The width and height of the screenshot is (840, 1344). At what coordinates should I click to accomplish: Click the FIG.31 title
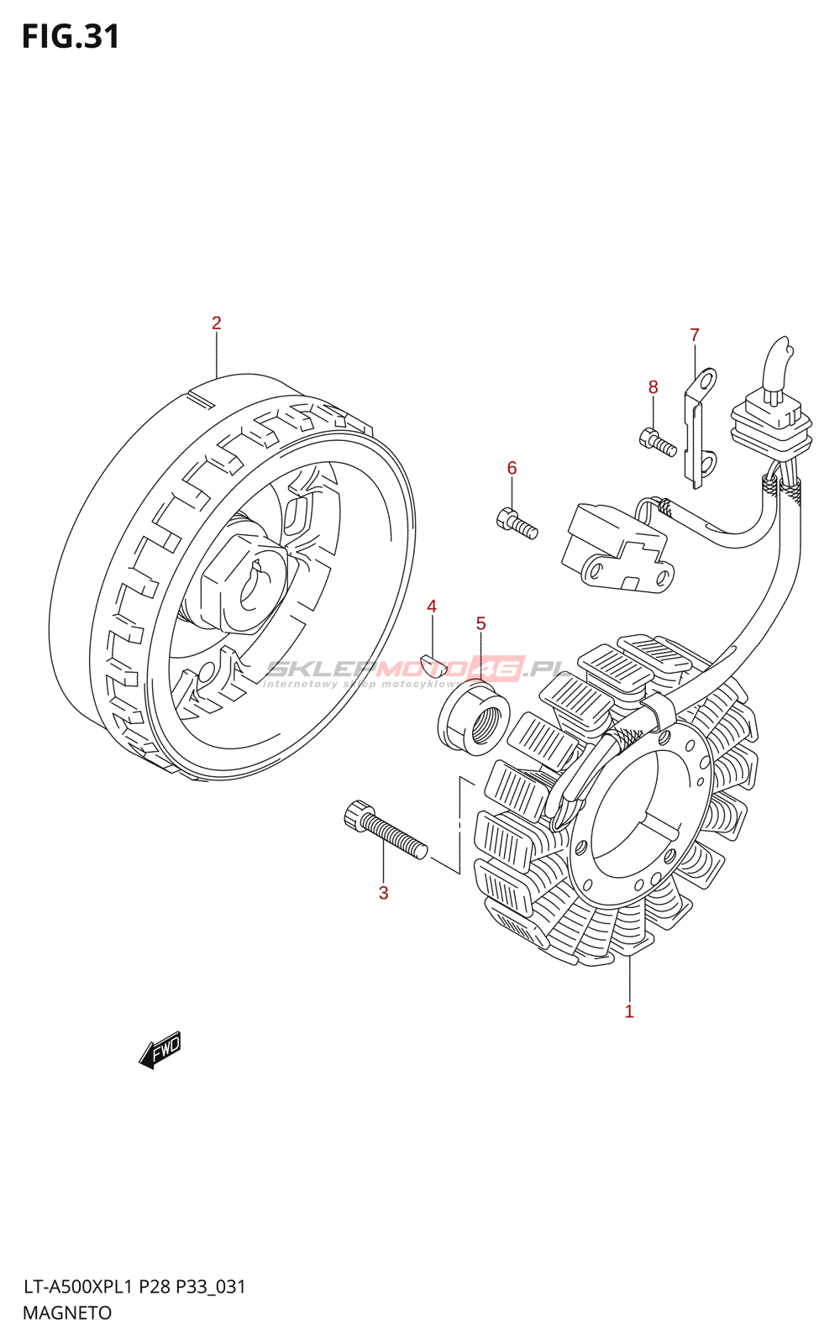point(71,37)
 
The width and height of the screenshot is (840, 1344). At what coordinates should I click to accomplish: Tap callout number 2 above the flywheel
point(216,323)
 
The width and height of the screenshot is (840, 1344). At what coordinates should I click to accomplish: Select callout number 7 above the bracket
point(695,335)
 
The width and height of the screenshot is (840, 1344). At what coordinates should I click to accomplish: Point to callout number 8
point(653,387)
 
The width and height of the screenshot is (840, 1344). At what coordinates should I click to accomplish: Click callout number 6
point(512,469)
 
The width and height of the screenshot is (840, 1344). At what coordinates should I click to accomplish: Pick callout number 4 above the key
point(432,606)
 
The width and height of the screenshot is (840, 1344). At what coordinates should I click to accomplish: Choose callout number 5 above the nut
point(480,623)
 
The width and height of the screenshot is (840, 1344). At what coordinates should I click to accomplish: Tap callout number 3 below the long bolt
point(383,893)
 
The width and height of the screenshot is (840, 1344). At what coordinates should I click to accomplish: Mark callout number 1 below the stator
point(629,1011)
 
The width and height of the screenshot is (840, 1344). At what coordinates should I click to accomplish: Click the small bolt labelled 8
point(658,442)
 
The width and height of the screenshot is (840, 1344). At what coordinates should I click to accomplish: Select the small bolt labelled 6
point(517,522)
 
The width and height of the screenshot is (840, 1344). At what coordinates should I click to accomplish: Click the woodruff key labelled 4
point(433,664)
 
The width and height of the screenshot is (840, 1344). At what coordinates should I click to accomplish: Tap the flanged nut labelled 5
point(475,719)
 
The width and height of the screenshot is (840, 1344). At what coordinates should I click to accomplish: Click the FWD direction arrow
point(160,1049)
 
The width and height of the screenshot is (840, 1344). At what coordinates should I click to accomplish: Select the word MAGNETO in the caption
point(67,1313)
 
